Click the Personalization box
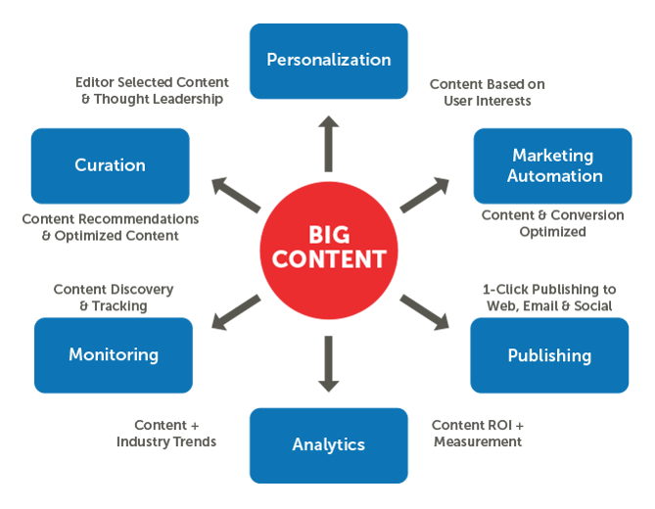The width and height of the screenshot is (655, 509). click(x=328, y=61)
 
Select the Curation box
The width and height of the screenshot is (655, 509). click(x=110, y=165)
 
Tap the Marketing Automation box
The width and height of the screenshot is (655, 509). click(x=553, y=165)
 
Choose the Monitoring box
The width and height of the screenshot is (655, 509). click(x=113, y=354)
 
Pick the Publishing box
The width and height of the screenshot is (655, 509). click(x=549, y=355)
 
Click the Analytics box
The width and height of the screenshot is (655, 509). click(x=328, y=445)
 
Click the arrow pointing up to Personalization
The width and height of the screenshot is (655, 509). click(x=329, y=142)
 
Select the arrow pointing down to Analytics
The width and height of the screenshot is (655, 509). click(x=329, y=362)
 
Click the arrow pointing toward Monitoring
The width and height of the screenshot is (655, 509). click(x=235, y=310)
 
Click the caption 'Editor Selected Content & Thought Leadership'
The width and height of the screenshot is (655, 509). click(x=152, y=90)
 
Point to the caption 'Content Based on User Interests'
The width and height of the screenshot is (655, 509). click(x=487, y=92)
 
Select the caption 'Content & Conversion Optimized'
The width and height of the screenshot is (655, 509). click(x=552, y=223)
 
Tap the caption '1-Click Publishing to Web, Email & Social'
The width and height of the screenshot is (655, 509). click(x=549, y=298)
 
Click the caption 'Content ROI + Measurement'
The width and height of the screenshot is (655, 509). click(x=478, y=434)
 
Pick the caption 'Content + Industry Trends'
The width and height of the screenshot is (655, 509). click(x=166, y=434)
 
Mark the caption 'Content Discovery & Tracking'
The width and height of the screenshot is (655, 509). click(x=114, y=298)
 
